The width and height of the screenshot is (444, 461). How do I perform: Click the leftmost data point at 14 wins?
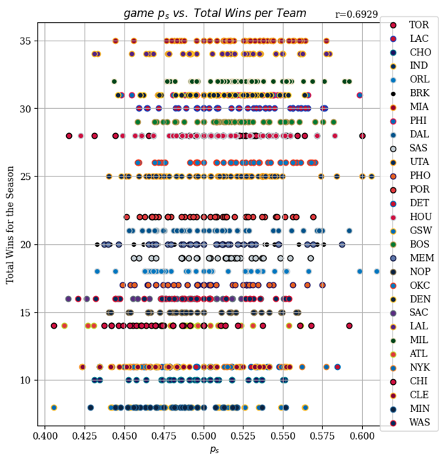[x=54, y=326]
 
